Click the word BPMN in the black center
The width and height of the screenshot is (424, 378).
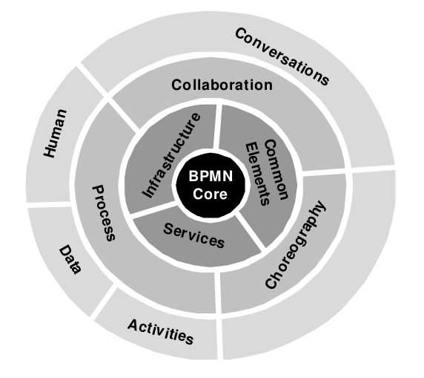[x=211, y=176]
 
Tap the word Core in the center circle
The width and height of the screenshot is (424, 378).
[x=210, y=194]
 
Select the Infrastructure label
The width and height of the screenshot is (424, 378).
[x=172, y=155]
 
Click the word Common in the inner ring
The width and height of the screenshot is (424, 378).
[x=276, y=169]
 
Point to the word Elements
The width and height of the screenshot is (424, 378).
[x=258, y=175]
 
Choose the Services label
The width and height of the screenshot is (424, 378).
[x=194, y=235]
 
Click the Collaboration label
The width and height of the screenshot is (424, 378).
[x=222, y=85]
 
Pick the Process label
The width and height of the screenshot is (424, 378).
[x=104, y=213]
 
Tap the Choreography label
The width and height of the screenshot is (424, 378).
[x=296, y=244]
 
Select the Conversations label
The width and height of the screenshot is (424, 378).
[x=282, y=56]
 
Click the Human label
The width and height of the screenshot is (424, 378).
[x=55, y=134]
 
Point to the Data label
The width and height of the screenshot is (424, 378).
[x=70, y=260]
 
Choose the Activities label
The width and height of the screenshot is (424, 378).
[x=161, y=332]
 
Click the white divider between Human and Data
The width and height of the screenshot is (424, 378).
[x=49, y=204]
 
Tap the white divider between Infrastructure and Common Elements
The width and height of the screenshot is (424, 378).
[x=217, y=126]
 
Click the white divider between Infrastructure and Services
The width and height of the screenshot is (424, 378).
[x=153, y=209]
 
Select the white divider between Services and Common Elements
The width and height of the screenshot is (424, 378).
[x=250, y=230]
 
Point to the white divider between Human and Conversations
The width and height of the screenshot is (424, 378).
[x=92, y=79]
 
